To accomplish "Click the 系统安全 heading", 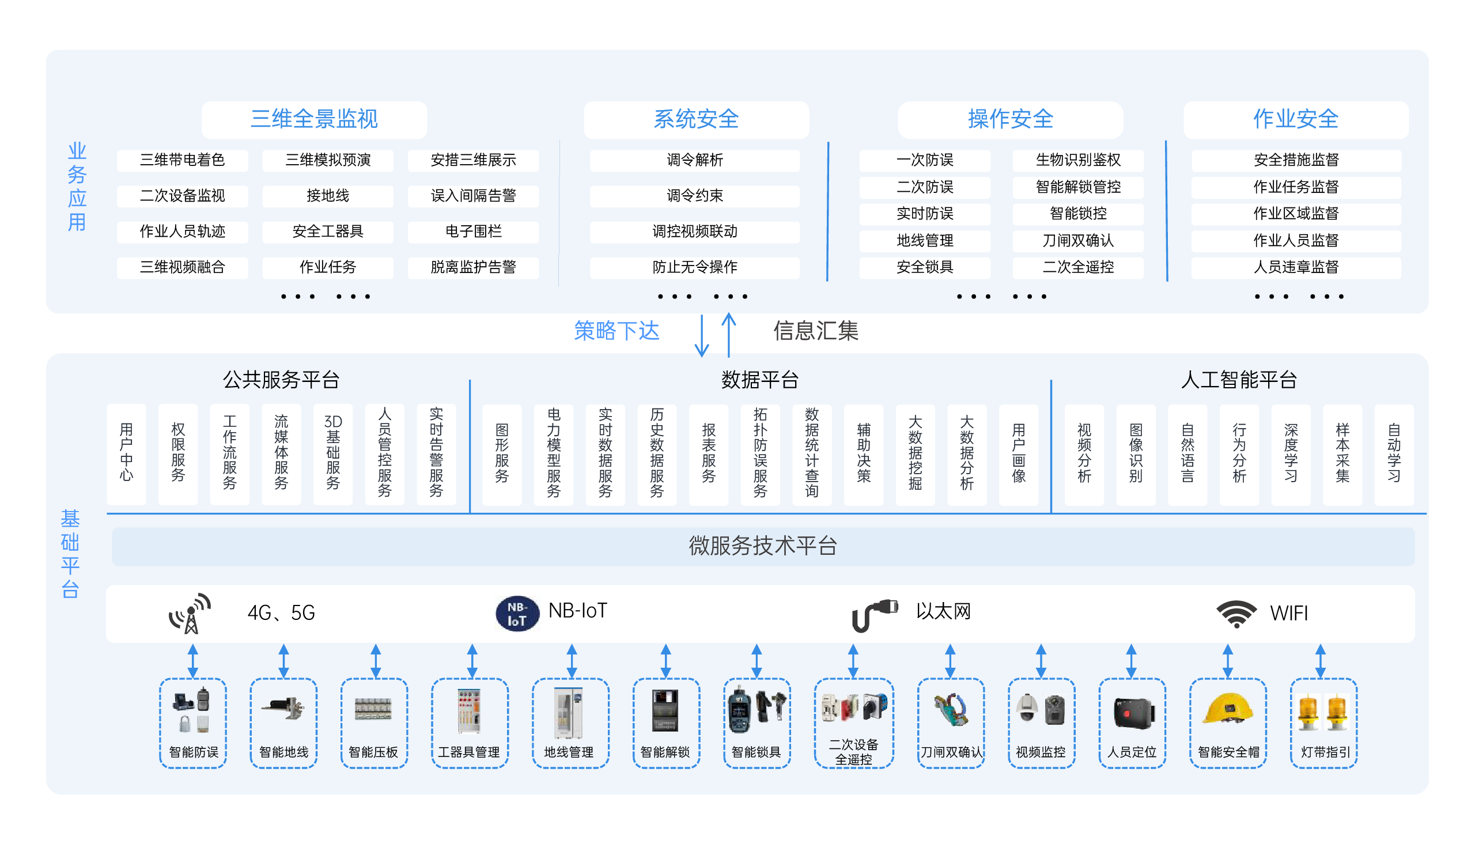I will point(696,119).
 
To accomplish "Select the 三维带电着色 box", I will point(182,160).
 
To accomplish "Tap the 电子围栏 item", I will point(473,231).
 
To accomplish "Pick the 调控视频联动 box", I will point(694,231).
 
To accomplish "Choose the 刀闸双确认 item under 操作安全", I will point(1077,240).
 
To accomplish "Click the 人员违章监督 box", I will point(1295,267).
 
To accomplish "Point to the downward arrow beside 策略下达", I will point(701,336).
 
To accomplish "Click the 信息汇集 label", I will point(815,331).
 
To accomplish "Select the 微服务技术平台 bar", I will point(762,546).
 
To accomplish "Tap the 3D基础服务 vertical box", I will point(332,453).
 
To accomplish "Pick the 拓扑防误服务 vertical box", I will point(760,453).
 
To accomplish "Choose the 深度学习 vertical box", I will point(1290,453).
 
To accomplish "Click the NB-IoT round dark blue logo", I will point(517,614).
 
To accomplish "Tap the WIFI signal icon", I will point(1236,614).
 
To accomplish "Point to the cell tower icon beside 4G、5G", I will point(190,614).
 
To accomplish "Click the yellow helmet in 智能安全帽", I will point(1227,709).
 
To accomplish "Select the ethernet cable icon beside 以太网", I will point(873,614).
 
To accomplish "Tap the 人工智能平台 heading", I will point(1238,380).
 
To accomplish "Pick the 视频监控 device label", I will point(1041,752).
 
